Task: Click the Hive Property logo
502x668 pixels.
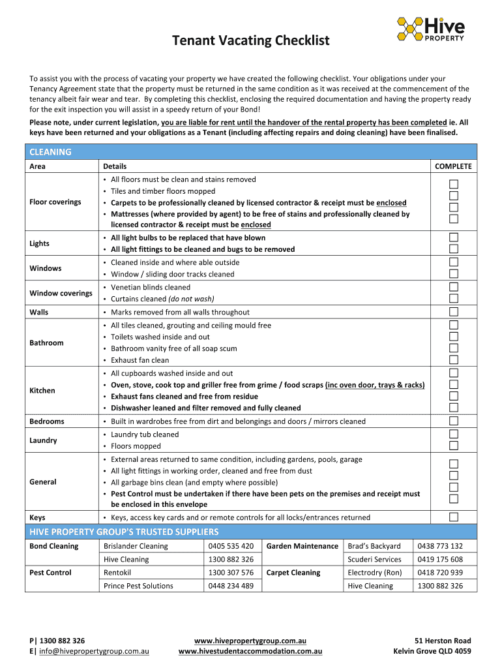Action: pyautogui.click(x=431, y=29)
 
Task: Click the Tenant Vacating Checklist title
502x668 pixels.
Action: pyautogui.click(x=250, y=41)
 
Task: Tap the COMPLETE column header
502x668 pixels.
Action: pyautogui.click(x=453, y=166)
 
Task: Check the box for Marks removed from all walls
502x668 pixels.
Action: pyautogui.click(x=454, y=312)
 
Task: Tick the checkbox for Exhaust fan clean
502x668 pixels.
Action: pyautogui.click(x=454, y=360)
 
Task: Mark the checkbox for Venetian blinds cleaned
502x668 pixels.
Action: pyautogui.click(x=454, y=287)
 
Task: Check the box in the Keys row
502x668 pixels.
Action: pyautogui.click(x=454, y=517)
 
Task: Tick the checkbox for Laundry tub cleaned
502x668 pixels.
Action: pyautogui.click(x=454, y=434)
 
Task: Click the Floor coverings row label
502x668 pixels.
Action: pyautogui.click(x=55, y=202)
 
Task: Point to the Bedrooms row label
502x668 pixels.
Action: pyautogui.click(x=47, y=421)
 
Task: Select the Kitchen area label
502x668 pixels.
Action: pyautogui.click(x=42, y=391)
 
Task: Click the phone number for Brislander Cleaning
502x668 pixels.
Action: pyautogui.click(x=231, y=546)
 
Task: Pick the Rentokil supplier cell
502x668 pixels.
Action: pyautogui.click(x=118, y=573)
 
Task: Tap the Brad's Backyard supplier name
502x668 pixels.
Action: pyautogui.click(x=374, y=546)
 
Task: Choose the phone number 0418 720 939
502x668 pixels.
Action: pyautogui.click(x=440, y=573)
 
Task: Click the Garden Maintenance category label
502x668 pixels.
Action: pyautogui.click(x=303, y=546)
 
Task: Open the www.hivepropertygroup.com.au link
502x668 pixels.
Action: pyautogui.click(x=250, y=641)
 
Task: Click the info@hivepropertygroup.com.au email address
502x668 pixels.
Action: pyautogui.click(x=95, y=651)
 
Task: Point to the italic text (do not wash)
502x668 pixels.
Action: pyautogui.click(x=191, y=299)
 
